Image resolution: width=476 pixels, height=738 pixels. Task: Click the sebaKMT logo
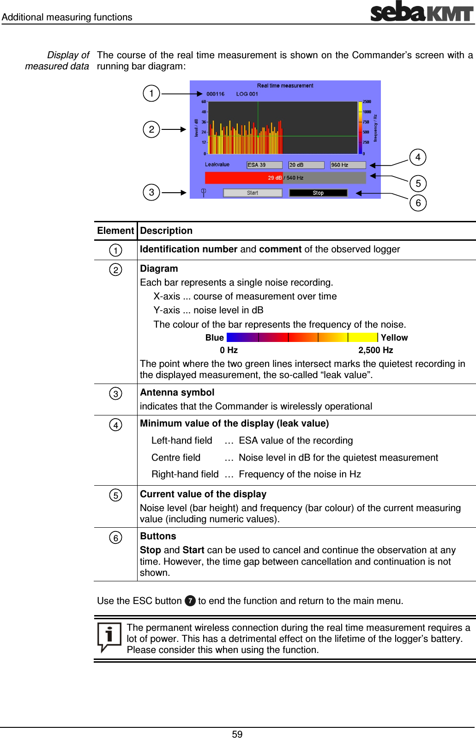pyautogui.click(x=422, y=12)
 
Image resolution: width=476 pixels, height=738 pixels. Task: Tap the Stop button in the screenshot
pyautogui.click(x=318, y=193)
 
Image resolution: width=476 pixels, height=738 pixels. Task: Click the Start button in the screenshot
pyautogui.click(x=253, y=193)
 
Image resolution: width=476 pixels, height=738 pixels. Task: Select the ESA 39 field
pyautogui.click(x=264, y=165)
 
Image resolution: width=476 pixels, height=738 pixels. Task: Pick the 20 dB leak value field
pyautogui.click(x=306, y=165)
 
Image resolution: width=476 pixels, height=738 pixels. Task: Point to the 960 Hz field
pyautogui.click(x=348, y=165)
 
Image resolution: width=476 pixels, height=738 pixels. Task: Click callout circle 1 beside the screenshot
pyautogui.click(x=151, y=93)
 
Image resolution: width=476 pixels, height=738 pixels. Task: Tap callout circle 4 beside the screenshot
pyautogui.click(x=418, y=157)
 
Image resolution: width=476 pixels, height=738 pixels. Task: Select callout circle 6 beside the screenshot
pyautogui.click(x=418, y=203)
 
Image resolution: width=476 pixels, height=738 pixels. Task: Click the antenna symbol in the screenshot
pyautogui.click(x=204, y=192)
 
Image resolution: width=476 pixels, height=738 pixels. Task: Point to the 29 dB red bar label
pyautogui.click(x=275, y=177)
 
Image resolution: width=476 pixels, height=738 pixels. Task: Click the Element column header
pyautogui.click(x=115, y=231)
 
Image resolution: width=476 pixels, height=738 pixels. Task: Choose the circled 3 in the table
pyautogui.click(x=115, y=394)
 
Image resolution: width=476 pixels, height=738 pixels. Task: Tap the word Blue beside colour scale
pyautogui.click(x=215, y=338)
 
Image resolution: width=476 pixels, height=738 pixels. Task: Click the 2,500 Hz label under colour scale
pyautogui.click(x=375, y=350)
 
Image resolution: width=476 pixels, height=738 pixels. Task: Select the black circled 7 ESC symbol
pyautogui.click(x=190, y=601)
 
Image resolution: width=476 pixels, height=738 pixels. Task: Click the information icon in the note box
pyautogui.click(x=109, y=636)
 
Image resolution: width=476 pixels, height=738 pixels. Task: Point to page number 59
pyautogui.click(x=237, y=734)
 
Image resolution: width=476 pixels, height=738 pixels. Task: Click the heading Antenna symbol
pyautogui.click(x=177, y=392)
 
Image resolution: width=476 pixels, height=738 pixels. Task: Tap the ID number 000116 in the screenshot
pyautogui.click(x=216, y=94)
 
